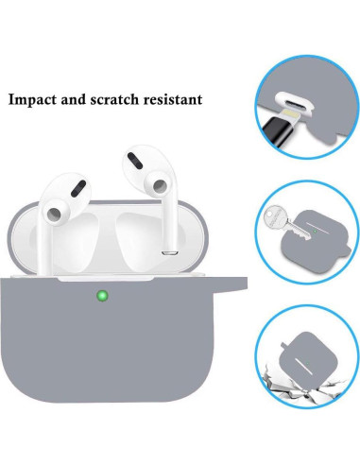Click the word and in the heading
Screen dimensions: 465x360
point(88,98)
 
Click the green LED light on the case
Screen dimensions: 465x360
point(100,295)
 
